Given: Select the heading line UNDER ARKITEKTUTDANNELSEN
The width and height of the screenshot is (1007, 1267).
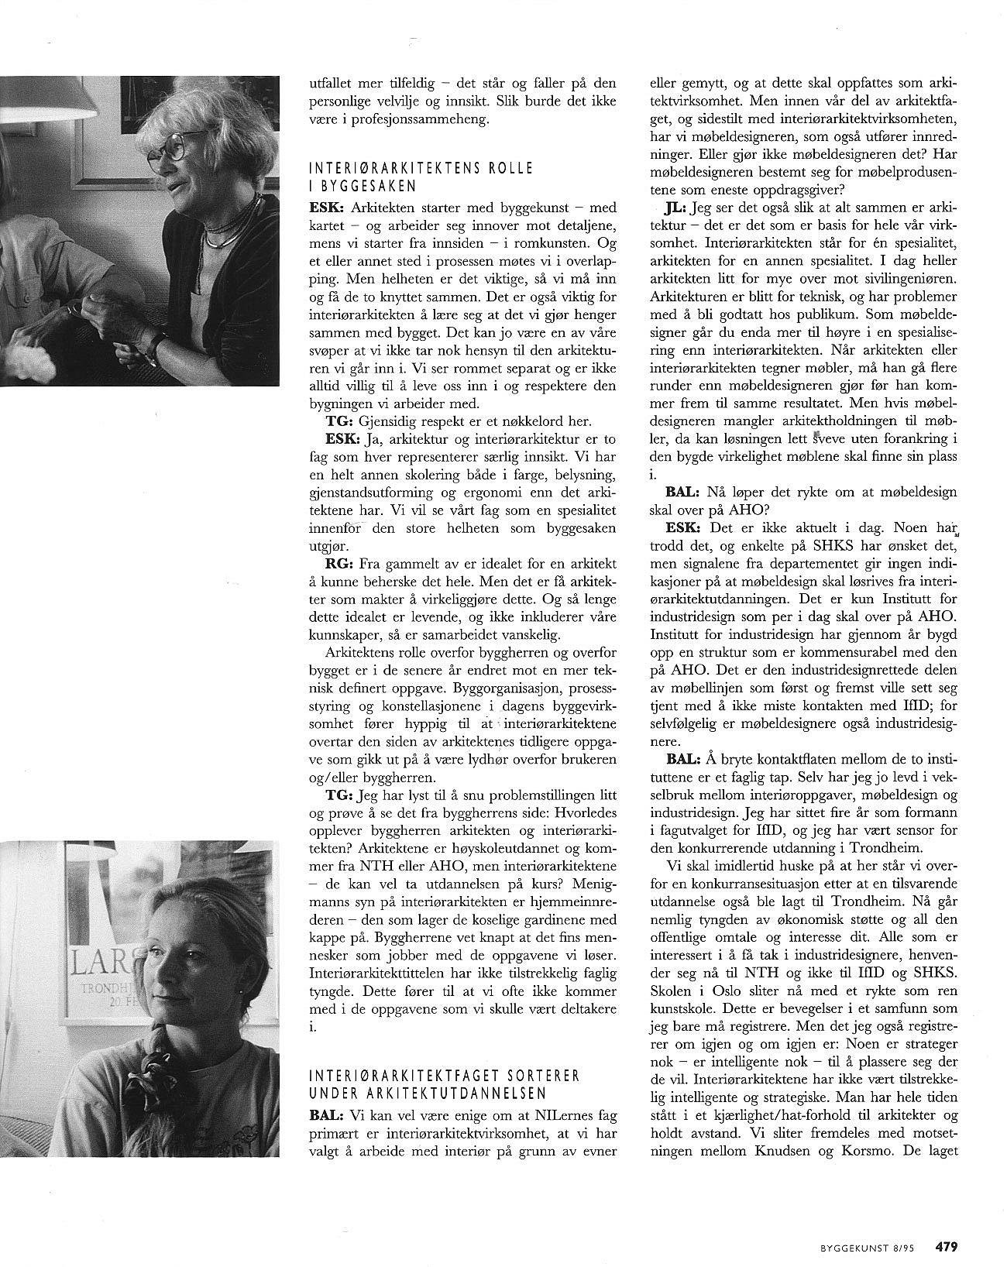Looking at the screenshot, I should [428, 1093].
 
